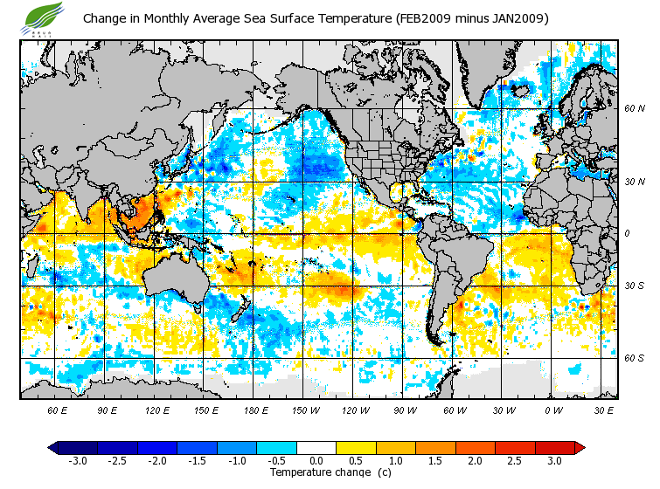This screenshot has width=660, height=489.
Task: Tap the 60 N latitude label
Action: coord(634,108)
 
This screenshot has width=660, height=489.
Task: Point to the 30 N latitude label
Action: coord(634,182)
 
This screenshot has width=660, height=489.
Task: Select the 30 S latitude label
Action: coord(634,286)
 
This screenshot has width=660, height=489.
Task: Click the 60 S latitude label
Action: coord(634,358)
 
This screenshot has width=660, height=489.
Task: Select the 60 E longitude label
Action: coord(57,410)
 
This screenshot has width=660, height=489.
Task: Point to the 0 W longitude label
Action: coord(553,410)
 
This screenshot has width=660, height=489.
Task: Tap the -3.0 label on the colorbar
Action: coord(78,461)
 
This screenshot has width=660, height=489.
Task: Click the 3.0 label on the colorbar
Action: coord(554,461)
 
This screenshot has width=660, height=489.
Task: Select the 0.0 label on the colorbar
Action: coord(316,461)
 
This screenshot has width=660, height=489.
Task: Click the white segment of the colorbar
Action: coord(316,447)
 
